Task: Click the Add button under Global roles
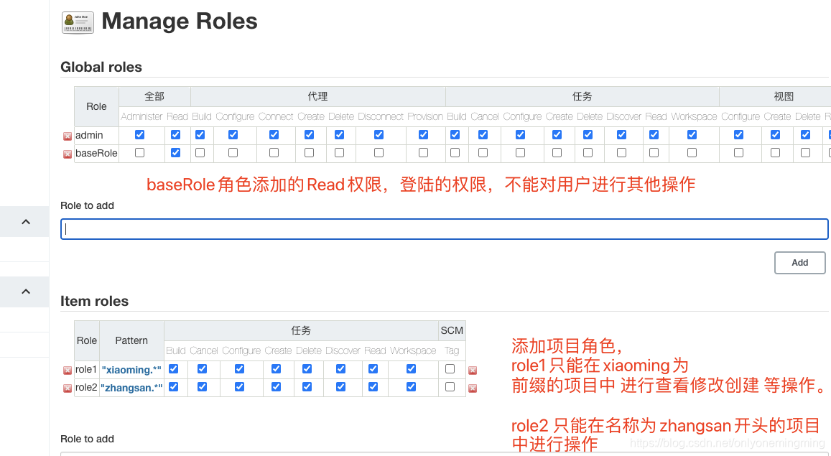[x=799, y=263]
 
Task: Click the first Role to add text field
[x=444, y=229]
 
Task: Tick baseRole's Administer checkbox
[x=140, y=153]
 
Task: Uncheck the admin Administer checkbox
[x=140, y=135]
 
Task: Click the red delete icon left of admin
[x=68, y=136]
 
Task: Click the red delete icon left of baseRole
[x=68, y=154]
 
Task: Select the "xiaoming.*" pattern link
[x=131, y=370]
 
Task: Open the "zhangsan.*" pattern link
[x=131, y=388]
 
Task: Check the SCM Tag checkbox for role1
[x=450, y=369]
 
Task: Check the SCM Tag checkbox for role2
[x=450, y=387]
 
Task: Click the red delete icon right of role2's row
[x=473, y=388]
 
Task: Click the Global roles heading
[x=101, y=68]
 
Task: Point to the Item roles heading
[x=95, y=302]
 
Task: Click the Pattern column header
[x=131, y=340]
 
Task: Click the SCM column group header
[x=452, y=330]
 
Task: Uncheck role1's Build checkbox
[x=174, y=369]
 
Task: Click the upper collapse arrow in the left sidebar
[x=26, y=222]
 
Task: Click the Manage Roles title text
[x=180, y=22]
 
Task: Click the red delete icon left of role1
[x=68, y=371]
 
